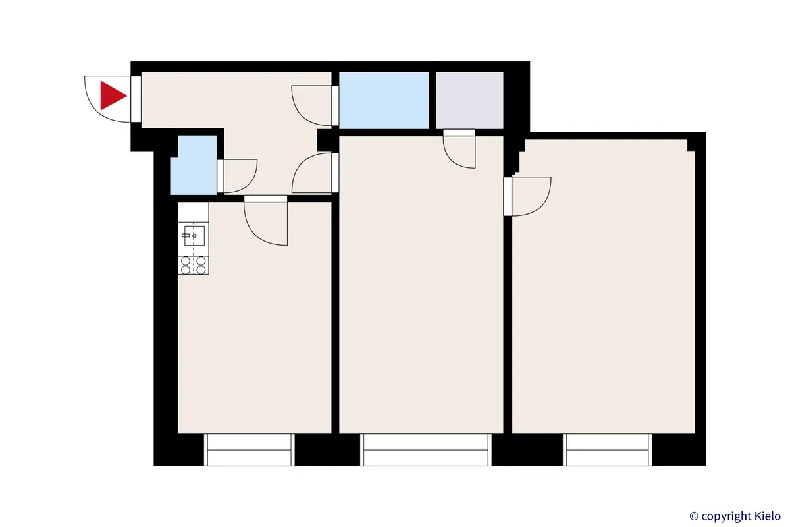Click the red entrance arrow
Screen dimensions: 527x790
coord(112,96)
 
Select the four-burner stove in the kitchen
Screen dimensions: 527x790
coord(194,265)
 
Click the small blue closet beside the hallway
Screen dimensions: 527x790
coord(193,165)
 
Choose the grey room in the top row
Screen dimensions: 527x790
coord(469,100)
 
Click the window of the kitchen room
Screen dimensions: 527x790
coord(250,450)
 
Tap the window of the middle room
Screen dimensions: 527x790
coord(427,450)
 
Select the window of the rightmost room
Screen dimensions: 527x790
coord(607,450)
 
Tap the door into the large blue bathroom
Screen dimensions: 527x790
coord(313,105)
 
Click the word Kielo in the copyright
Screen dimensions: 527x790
coord(764,516)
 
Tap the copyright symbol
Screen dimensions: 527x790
coord(693,516)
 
